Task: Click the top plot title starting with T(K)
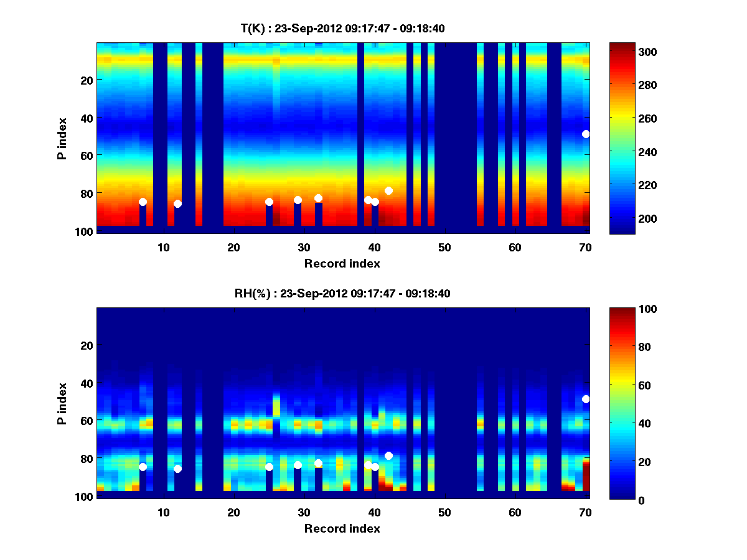(x=342, y=28)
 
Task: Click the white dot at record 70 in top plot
(x=586, y=134)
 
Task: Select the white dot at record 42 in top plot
(x=388, y=190)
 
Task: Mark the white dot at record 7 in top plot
(x=143, y=202)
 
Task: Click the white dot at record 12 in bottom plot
(x=177, y=469)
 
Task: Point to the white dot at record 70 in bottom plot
(x=586, y=399)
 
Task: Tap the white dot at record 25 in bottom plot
(x=269, y=467)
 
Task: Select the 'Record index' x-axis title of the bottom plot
(x=342, y=529)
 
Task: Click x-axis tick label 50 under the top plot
(x=444, y=248)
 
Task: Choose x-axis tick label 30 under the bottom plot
(x=304, y=513)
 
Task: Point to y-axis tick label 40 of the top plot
(x=86, y=118)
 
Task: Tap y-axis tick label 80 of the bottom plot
(x=86, y=459)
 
